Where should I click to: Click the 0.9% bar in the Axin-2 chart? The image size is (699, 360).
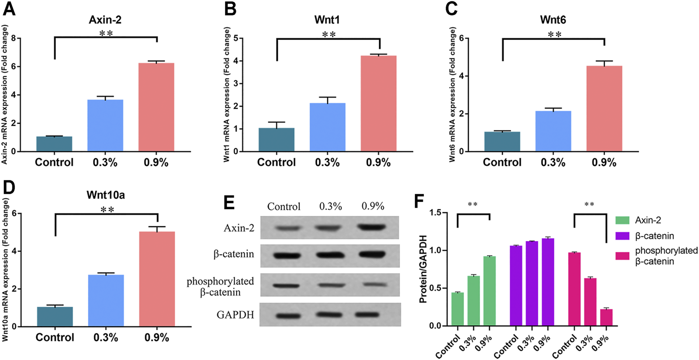pos(156,107)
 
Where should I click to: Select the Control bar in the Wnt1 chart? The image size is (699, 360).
pos(276,140)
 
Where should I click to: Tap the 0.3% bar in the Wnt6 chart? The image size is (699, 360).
pos(553,131)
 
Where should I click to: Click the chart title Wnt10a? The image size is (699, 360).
pos(106,195)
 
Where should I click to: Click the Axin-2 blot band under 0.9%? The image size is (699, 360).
pos(371,227)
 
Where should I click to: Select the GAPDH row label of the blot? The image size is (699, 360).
pos(235,315)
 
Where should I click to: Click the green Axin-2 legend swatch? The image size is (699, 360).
pos(622,220)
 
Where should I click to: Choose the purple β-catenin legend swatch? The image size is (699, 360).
pos(622,236)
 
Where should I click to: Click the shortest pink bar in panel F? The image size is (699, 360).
pos(606,318)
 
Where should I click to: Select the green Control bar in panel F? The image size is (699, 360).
pos(457,309)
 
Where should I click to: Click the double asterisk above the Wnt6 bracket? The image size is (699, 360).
pos(554,35)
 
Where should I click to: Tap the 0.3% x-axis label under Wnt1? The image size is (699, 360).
pos(327,163)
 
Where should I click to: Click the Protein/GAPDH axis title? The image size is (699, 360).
pos(423,269)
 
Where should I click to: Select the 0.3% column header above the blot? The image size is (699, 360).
pos(330,206)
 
